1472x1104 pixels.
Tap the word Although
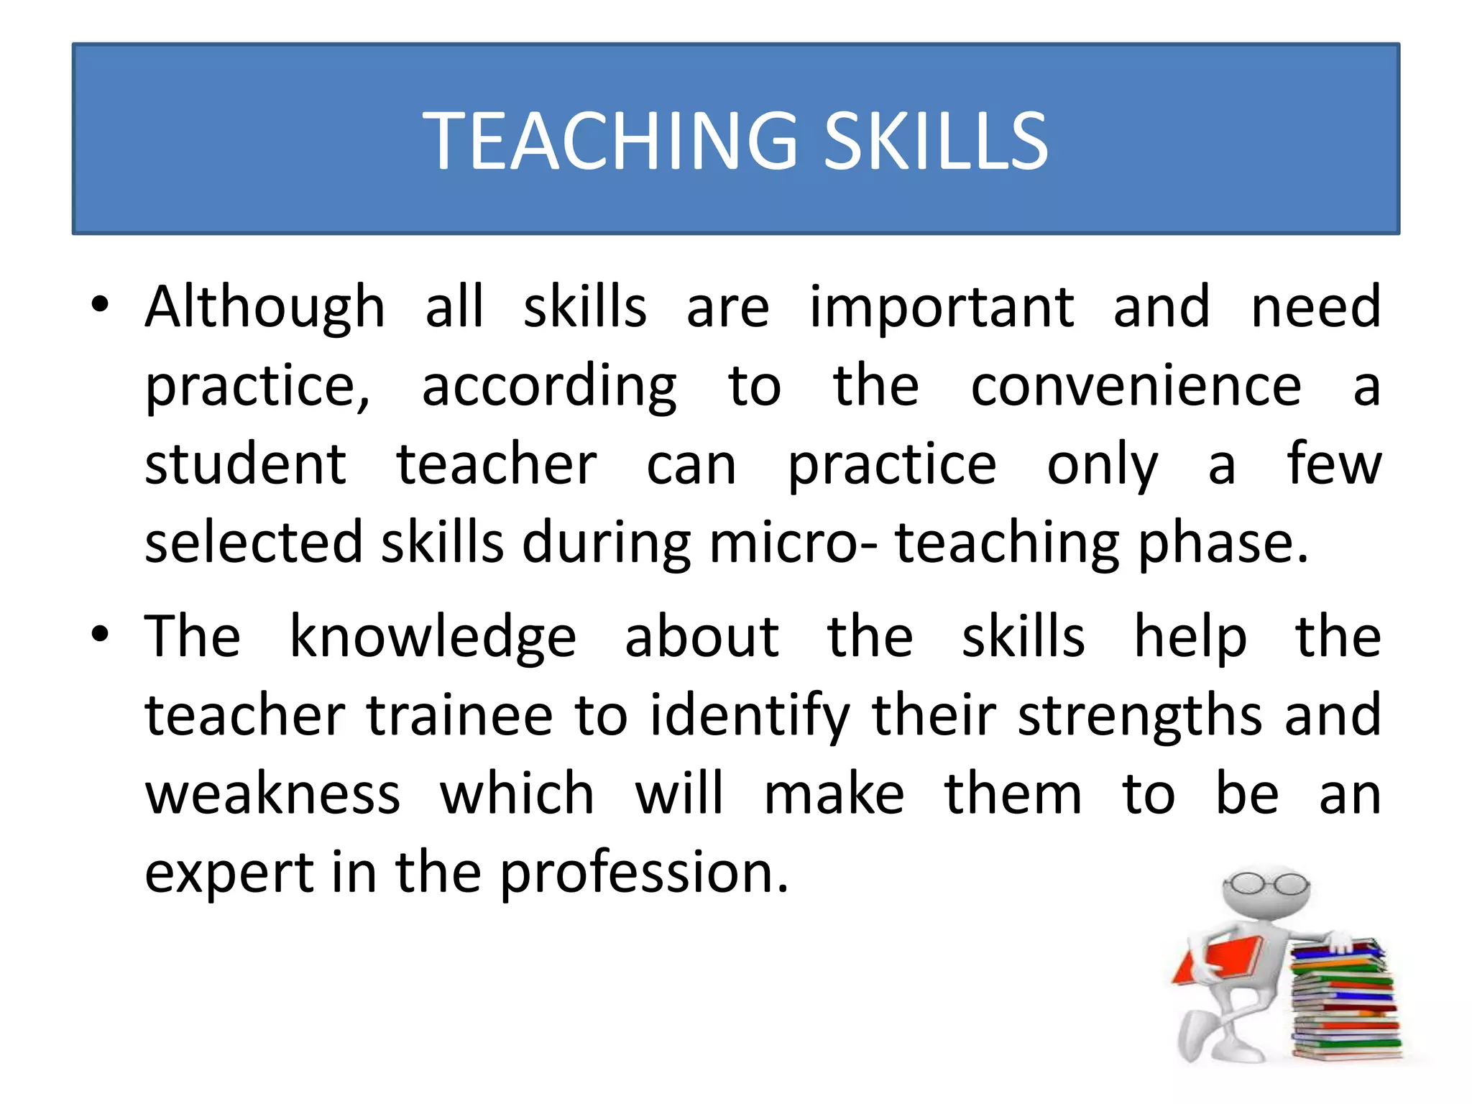(265, 308)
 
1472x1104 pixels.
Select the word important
(942, 308)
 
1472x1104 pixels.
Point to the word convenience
(1136, 387)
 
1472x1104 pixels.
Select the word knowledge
(433, 638)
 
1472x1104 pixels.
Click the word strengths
(1140, 717)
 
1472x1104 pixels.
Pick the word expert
(229, 874)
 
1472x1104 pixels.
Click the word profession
(644, 874)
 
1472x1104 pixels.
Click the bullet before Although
(100, 305)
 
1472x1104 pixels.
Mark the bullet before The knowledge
(100, 635)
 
